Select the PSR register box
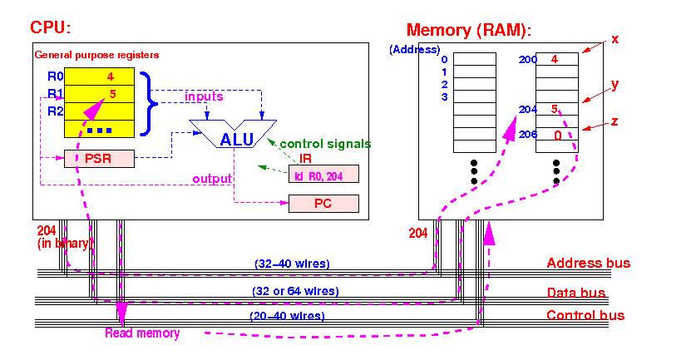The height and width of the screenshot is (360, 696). coord(99,159)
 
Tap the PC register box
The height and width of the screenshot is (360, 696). coord(323,204)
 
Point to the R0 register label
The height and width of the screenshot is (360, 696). coord(56,76)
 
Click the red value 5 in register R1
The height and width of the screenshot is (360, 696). coord(112,94)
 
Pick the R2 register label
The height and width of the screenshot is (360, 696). coord(56,111)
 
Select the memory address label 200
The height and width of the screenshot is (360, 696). coord(528,60)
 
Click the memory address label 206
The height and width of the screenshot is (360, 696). coord(528,134)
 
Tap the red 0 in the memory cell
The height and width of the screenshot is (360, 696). coord(557,136)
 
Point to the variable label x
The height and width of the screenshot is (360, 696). coord(615,39)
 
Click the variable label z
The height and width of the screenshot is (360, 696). coord(615,121)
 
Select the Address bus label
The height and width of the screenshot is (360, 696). coord(588,263)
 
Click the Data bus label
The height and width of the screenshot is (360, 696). coord(576,293)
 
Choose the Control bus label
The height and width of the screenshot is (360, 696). coord(585,315)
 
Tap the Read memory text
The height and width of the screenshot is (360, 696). coord(142,333)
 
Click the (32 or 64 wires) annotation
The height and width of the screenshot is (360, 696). coord(295,291)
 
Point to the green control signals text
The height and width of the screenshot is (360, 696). coord(325,144)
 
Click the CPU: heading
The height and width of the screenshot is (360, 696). coord(50,27)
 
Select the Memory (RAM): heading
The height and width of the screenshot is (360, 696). coord(469,30)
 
